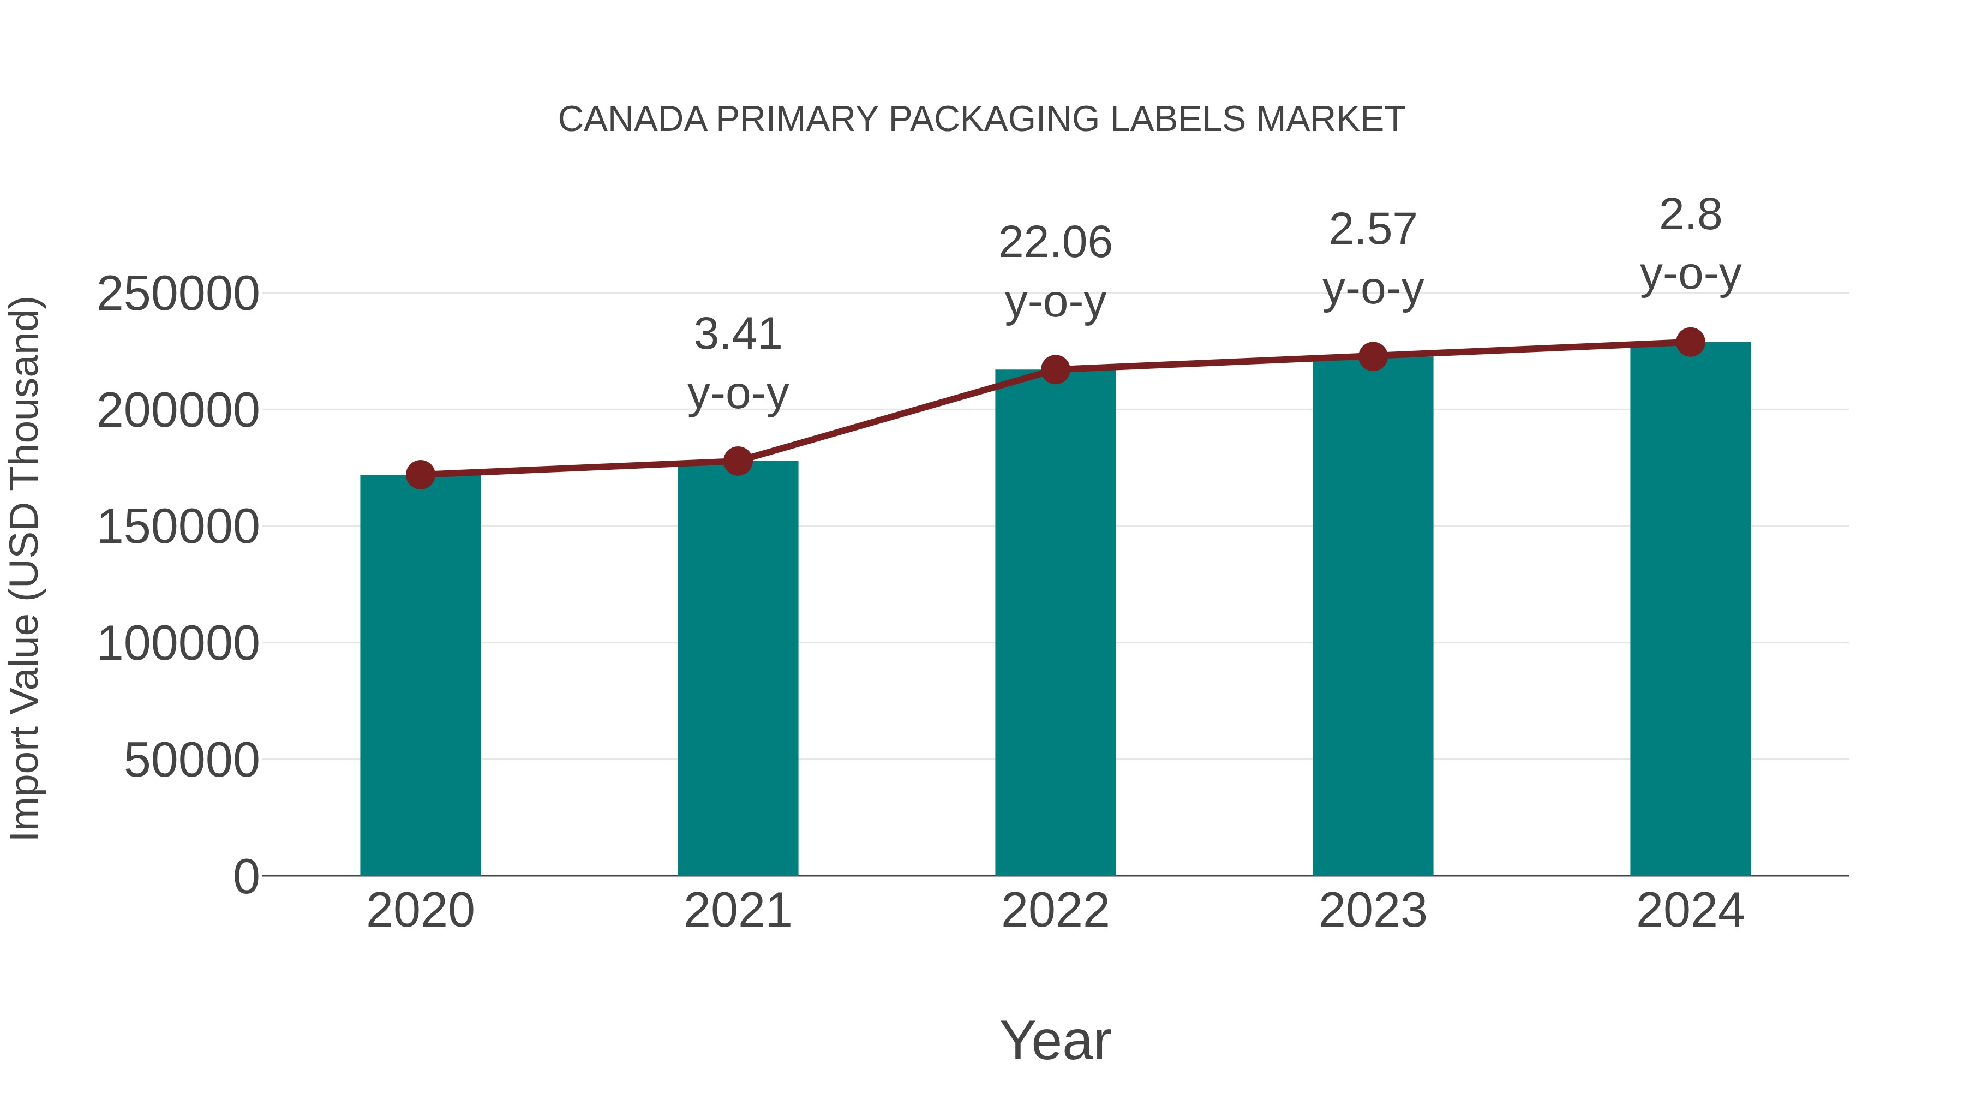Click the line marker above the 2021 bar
(x=737, y=461)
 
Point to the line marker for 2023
(x=1373, y=356)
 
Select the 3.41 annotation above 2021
(x=737, y=334)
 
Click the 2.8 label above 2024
(x=1690, y=215)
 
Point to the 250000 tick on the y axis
(x=178, y=294)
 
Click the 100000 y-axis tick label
(x=178, y=644)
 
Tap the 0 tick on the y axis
(x=245, y=877)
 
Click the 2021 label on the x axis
(x=737, y=911)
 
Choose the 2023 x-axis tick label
(x=1373, y=911)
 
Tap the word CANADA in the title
(x=632, y=120)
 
